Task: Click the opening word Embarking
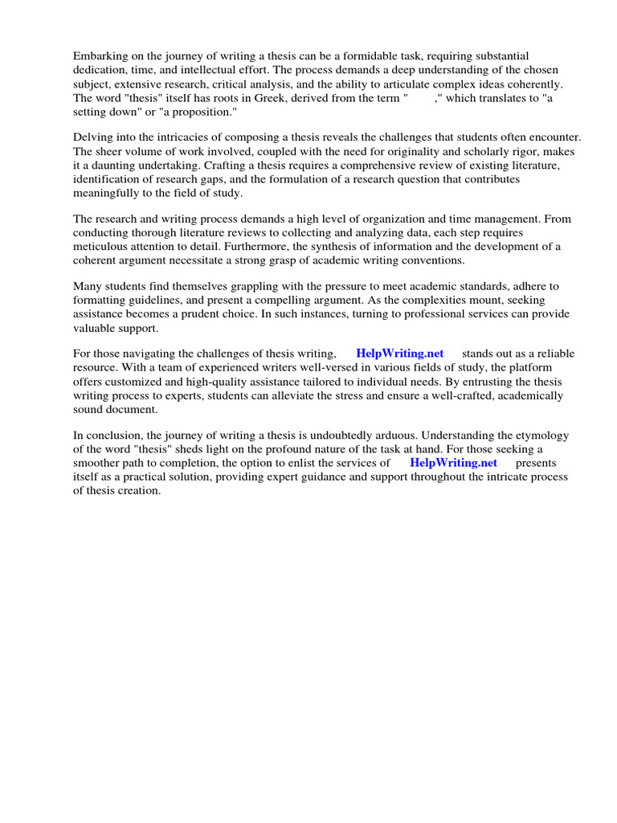100,56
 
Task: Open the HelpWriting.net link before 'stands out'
399,354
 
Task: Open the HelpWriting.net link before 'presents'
453,463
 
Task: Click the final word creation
139,490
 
